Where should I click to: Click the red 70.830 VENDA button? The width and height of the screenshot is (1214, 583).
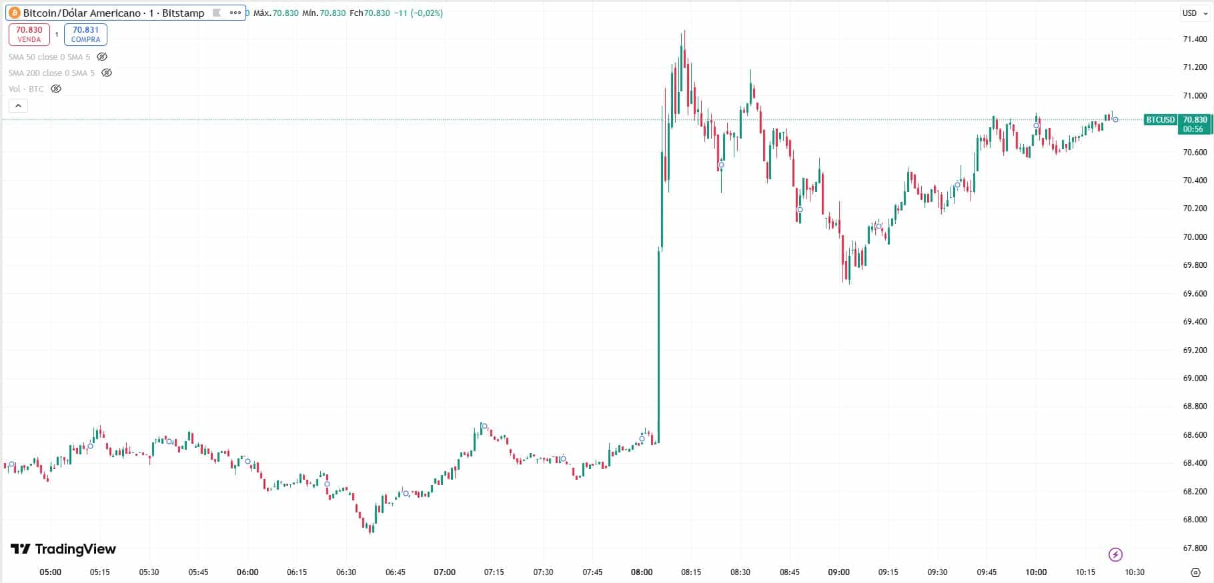coord(29,34)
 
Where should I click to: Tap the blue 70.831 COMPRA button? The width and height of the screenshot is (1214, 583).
coord(85,34)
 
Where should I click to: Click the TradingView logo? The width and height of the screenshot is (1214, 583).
coord(63,549)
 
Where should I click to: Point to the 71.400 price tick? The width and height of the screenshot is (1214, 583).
coord(1195,39)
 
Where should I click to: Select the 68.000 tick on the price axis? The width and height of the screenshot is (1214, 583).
coord(1195,520)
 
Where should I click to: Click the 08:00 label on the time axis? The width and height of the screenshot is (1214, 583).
coord(642,572)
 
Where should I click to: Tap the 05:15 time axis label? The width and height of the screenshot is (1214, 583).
coord(99,572)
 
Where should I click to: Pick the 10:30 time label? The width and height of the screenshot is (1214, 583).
coord(1135,572)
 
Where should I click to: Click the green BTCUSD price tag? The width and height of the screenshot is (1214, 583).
coord(1160,120)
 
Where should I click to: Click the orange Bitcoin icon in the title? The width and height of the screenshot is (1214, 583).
coord(15,13)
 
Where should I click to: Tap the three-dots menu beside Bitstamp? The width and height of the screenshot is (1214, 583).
coord(235,13)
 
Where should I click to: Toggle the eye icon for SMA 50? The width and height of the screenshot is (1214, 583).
coord(102,57)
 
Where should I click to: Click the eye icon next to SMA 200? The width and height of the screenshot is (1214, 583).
coord(107,73)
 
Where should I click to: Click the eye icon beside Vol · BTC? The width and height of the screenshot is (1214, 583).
coord(56,89)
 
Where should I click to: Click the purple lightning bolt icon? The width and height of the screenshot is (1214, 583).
coord(1115,554)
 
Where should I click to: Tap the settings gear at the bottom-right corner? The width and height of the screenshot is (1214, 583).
coord(1195,572)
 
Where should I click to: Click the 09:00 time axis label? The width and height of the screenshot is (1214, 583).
coord(839,572)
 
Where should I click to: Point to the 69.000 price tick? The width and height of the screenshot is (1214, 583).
coord(1195,378)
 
